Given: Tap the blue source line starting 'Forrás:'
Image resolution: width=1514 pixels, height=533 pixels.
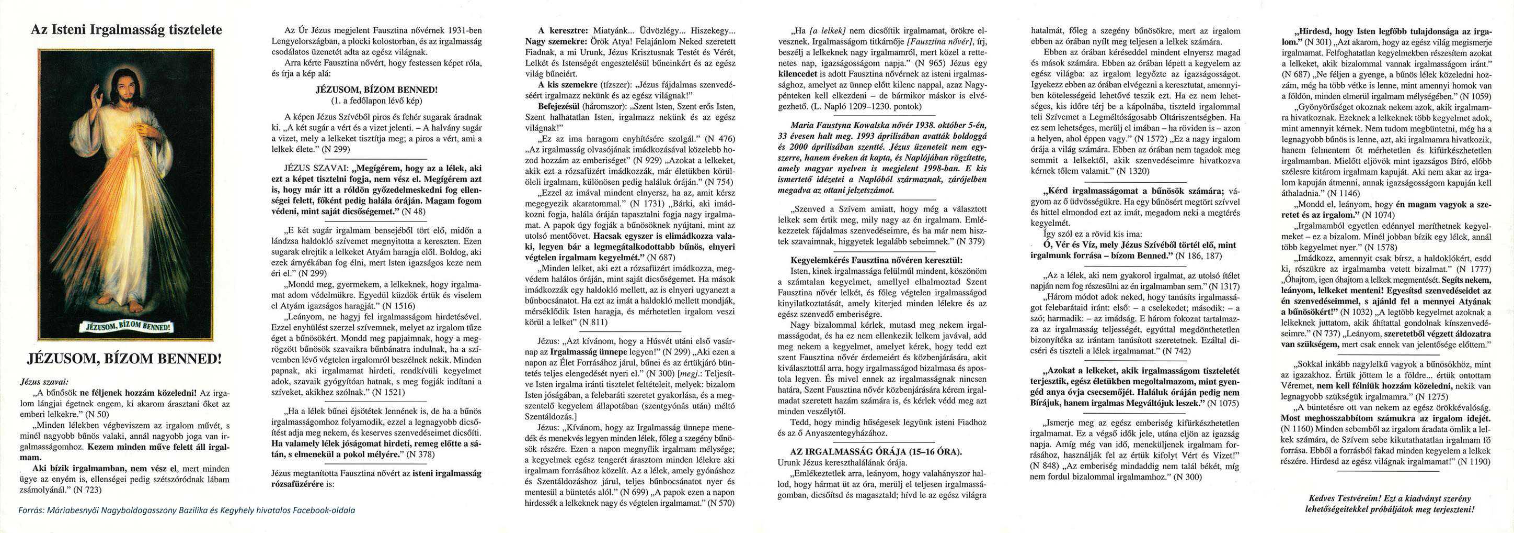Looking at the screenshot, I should tap(187, 510).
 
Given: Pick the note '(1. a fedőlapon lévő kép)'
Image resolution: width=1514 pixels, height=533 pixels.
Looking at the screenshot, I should tap(376, 101).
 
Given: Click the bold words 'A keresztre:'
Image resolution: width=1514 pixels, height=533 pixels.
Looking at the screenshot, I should tap(557, 30).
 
